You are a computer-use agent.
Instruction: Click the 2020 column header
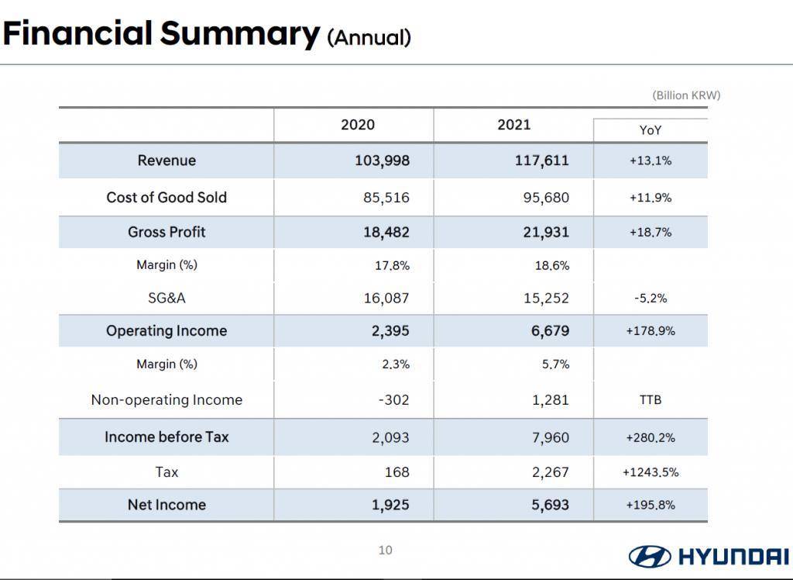358,125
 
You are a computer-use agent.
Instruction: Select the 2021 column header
514,125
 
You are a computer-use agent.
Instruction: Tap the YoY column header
650,130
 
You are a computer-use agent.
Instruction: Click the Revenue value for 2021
541,161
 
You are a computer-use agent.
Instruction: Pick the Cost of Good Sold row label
166,197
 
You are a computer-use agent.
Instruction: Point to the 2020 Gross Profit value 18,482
386,232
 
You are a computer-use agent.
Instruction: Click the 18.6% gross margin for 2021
552,265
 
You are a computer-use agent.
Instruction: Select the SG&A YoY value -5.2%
651,299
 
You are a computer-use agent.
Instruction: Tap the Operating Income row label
166,331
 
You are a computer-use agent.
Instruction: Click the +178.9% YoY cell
651,331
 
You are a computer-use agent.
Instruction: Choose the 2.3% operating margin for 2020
396,364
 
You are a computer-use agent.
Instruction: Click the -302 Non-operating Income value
393,399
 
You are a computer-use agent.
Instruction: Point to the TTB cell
651,399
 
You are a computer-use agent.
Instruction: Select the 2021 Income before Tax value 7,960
551,437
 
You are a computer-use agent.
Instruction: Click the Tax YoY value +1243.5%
651,472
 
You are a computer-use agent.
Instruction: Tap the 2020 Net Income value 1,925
390,505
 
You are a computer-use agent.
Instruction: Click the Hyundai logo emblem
650,556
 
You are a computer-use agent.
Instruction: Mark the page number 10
386,550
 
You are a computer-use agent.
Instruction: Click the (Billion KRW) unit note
686,95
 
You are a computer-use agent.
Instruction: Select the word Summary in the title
240,33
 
